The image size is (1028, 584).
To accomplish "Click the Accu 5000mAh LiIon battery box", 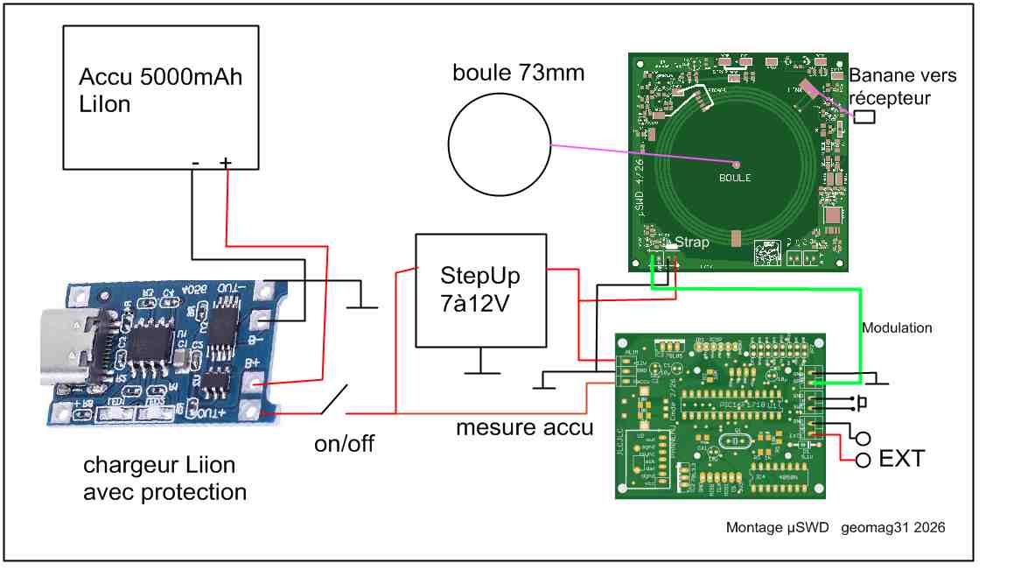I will pyautogui.click(x=161, y=96).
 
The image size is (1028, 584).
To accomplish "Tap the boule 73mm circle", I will pyautogui.click(x=499, y=144).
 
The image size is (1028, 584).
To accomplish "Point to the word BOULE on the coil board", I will pyautogui.click(x=735, y=178).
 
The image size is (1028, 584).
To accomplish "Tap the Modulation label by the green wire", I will pyautogui.click(x=897, y=328).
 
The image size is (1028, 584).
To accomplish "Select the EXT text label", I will pyautogui.click(x=901, y=458).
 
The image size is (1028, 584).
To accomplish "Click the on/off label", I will pyautogui.click(x=344, y=444).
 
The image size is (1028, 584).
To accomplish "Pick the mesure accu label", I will pyautogui.click(x=524, y=428).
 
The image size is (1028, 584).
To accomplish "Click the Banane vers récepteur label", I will pyautogui.click(x=903, y=86).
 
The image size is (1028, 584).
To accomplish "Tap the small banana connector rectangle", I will pyautogui.click(x=865, y=116).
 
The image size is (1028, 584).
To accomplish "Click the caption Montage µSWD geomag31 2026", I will pyautogui.click(x=835, y=528).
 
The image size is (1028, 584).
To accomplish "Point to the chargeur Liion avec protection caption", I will pyautogui.click(x=164, y=478).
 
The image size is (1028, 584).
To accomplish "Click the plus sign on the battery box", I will pyautogui.click(x=226, y=162).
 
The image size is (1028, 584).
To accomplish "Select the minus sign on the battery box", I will pyautogui.click(x=195, y=162).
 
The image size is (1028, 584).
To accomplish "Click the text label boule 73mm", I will pyautogui.click(x=518, y=73).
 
